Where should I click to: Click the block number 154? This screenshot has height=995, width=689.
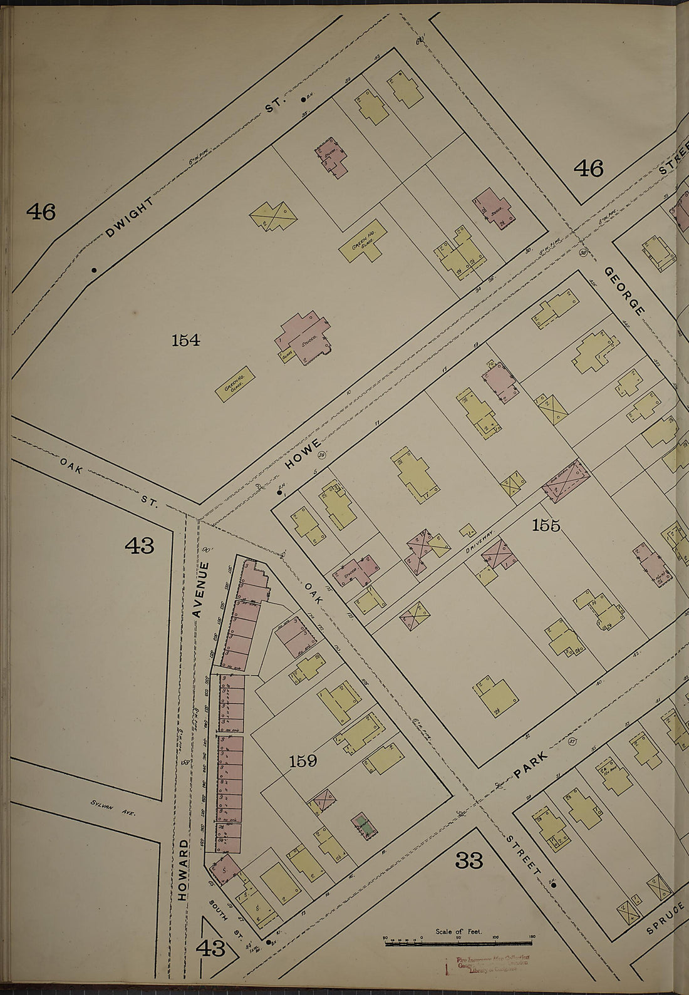pyautogui.click(x=185, y=341)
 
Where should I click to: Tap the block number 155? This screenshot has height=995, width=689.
pyautogui.click(x=546, y=525)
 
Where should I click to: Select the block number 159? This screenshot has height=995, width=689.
pyautogui.click(x=303, y=761)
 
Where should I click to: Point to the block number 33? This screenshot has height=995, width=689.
pyautogui.click(x=469, y=862)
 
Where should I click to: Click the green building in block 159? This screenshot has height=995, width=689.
pyautogui.click(x=363, y=825)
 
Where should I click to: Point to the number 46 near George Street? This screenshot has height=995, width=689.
pyautogui.click(x=589, y=168)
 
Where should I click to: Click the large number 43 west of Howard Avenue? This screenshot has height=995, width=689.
pyautogui.click(x=139, y=546)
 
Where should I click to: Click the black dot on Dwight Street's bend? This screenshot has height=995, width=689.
pyautogui.click(x=94, y=270)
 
